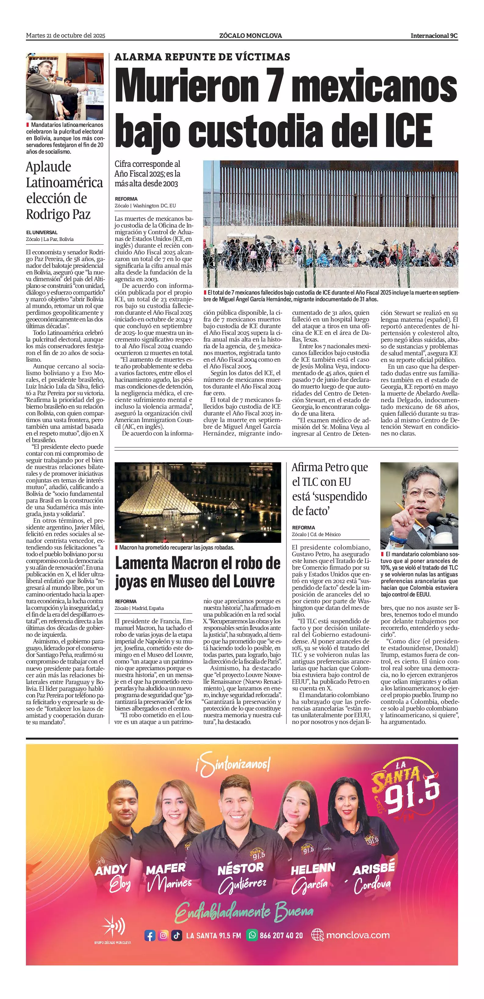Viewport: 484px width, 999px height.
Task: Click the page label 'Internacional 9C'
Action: pos(434,36)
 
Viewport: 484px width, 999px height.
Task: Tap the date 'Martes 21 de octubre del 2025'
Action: pos(66,36)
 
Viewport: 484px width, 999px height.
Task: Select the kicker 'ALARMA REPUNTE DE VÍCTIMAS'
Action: pos(202,57)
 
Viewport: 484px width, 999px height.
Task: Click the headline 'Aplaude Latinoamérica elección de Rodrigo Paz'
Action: pos(64,190)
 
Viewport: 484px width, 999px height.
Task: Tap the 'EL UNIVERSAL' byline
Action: pos(42,232)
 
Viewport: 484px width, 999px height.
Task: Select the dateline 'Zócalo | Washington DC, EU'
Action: pos(145,206)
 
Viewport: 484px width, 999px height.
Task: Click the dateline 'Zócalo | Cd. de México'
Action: pos(316,534)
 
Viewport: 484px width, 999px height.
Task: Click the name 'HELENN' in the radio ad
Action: pos(313,869)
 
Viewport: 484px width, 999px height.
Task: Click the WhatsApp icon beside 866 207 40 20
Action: pos(252,935)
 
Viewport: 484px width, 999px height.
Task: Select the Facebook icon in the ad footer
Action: pos(150,935)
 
